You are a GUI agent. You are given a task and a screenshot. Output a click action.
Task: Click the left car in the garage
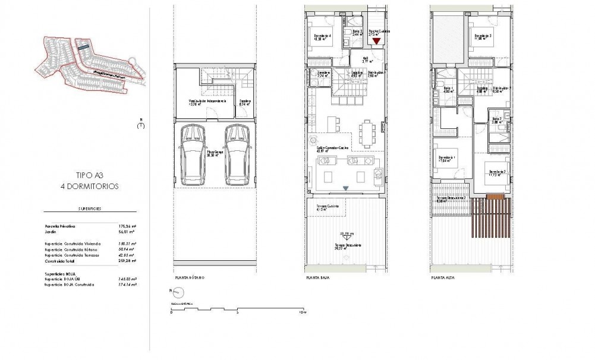[x=193, y=154]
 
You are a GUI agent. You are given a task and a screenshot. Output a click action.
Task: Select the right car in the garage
[x=234, y=154]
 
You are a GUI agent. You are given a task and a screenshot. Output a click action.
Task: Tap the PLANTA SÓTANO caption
[x=190, y=277]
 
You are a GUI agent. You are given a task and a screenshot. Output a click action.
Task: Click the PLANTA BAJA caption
[x=317, y=277]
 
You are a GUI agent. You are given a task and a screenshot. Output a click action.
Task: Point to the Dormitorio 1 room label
[x=446, y=158]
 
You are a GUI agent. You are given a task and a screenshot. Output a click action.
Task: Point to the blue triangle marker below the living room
[x=345, y=188]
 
